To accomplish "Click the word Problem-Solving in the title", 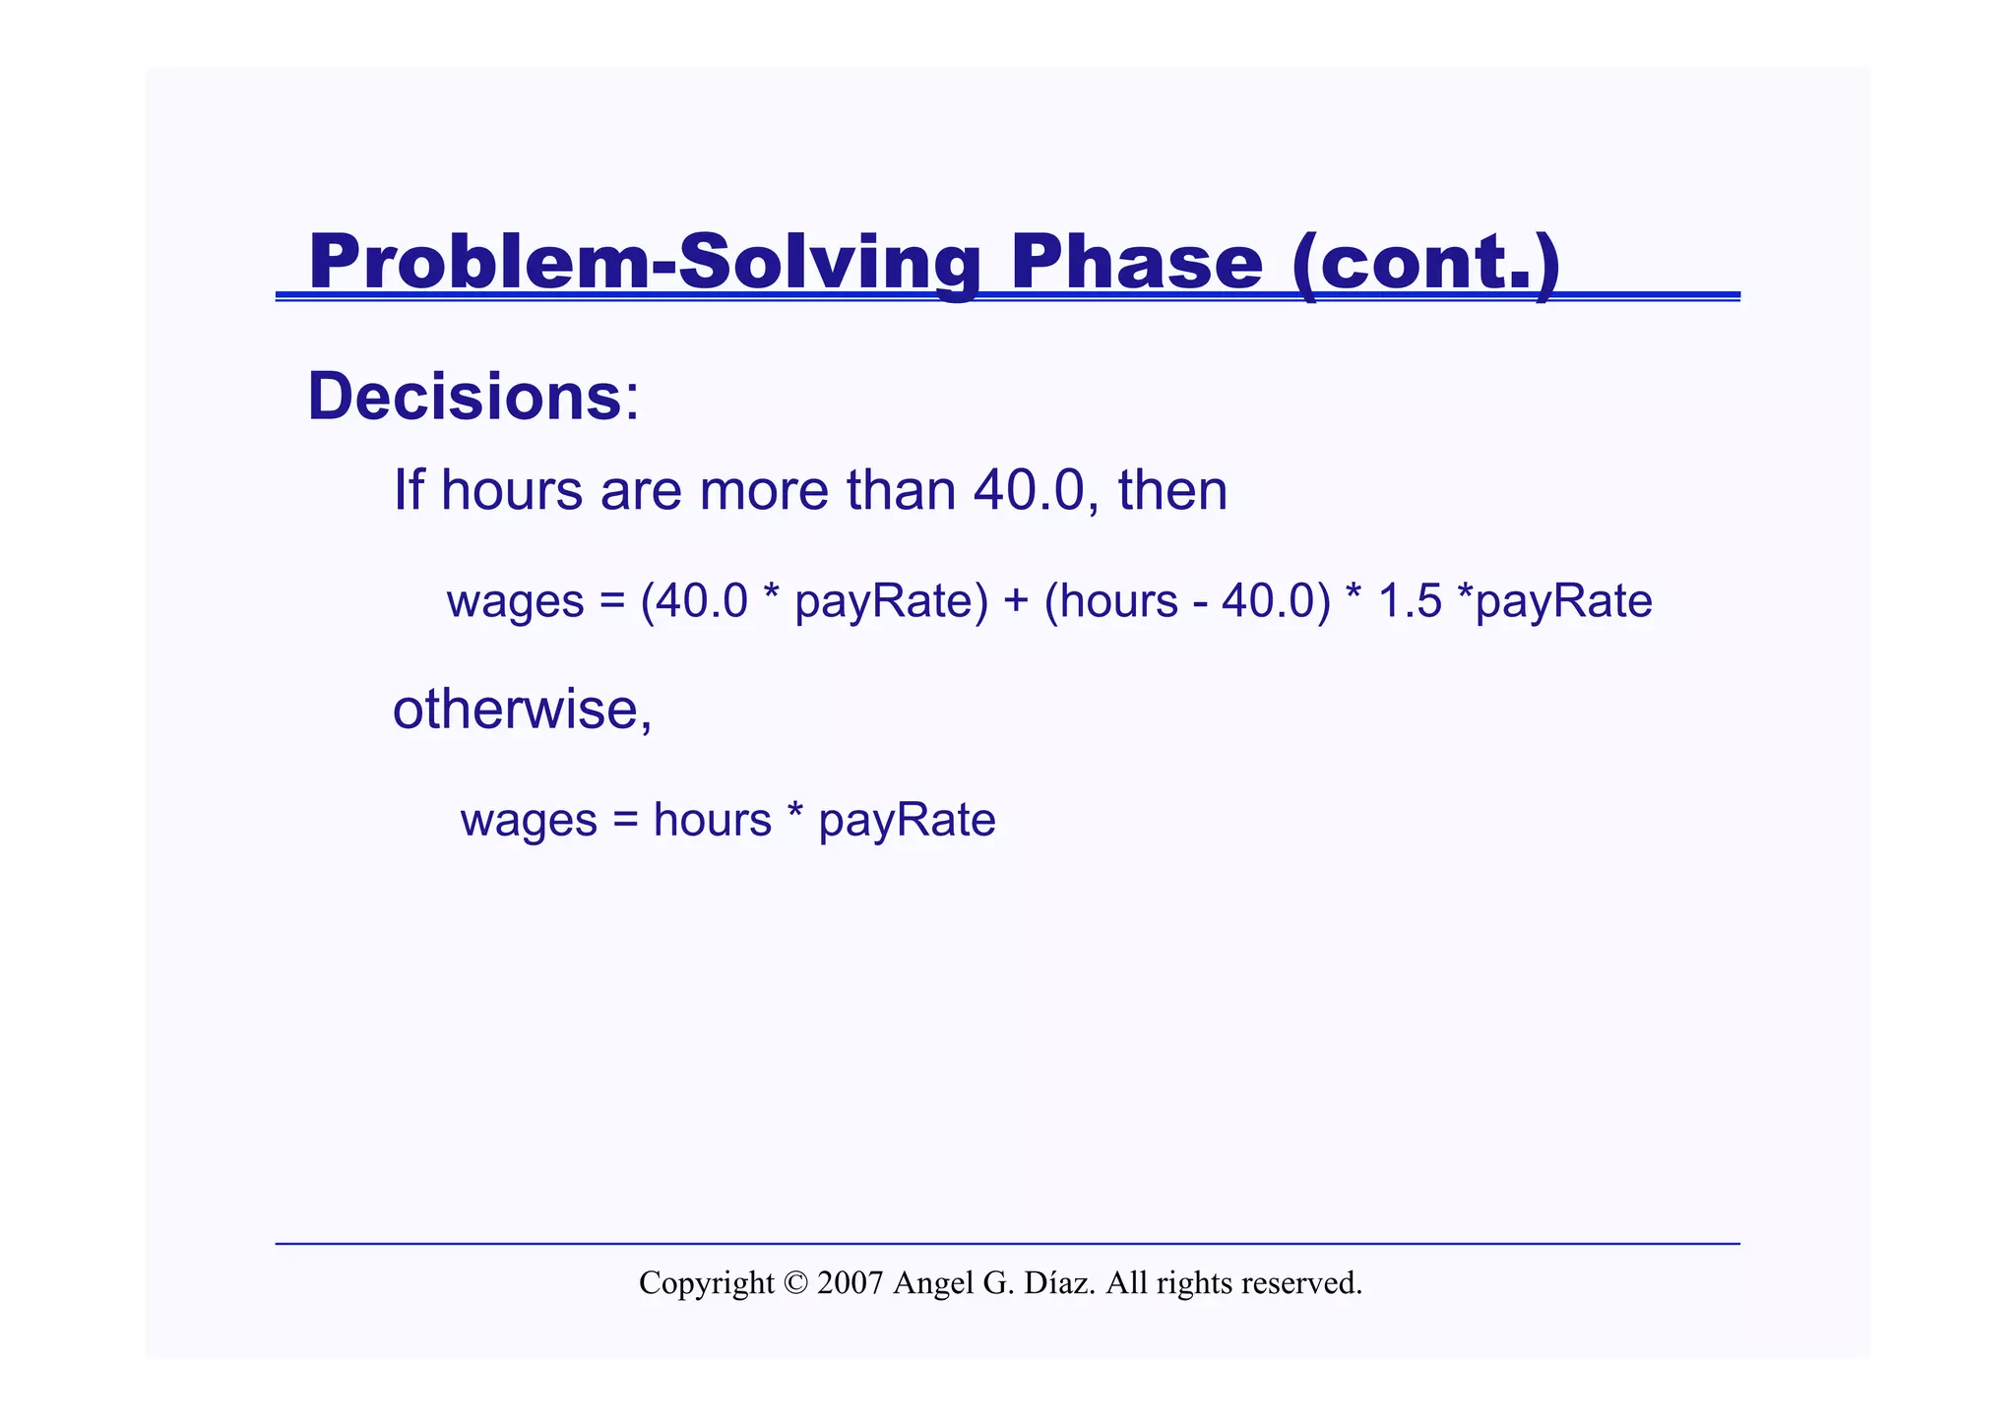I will (645, 262).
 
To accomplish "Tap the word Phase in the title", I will (1136, 262).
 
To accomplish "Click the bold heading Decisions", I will (464, 397).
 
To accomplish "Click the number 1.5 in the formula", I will (1410, 600).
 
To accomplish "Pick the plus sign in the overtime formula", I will (1016, 600).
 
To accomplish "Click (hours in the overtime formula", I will (1111, 600).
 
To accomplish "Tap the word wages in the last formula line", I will (529, 821).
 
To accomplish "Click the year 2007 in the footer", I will (850, 1283).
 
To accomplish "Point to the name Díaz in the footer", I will (1059, 1283).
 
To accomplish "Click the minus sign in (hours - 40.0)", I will (1201, 602).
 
